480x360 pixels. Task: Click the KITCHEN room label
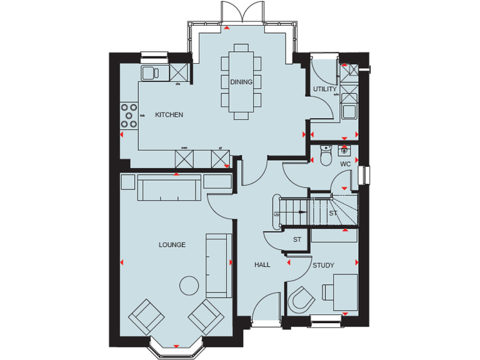pyautogui.click(x=169, y=115)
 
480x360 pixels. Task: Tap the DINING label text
pyautogui.click(x=241, y=82)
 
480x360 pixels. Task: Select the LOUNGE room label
pyautogui.click(x=172, y=245)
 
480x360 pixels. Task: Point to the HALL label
pyautogui.click(x=262, y=265)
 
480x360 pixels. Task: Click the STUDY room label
pyautogui.click(x=323, y=266)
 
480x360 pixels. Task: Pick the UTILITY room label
pyautogui.click(x=324, y=89)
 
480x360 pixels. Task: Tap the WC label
pyautogui.click(x=345, y=164)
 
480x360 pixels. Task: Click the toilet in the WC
pyautogui.click(x=324, y=156)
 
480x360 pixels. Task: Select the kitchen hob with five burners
pyautogui.click(x=129, y=115)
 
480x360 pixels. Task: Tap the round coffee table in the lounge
pyautogui.click(x=189, y=285)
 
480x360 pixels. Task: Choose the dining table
pyautogui.click(x=241, y=82)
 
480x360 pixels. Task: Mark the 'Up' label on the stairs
pyautogui.click(x=276, y=214)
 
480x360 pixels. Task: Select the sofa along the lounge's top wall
pyautogui.click(x=169, y=187)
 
